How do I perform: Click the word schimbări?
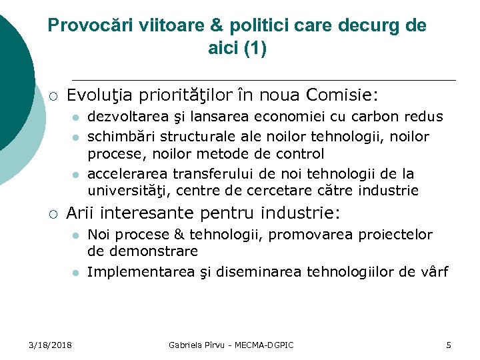click(119, 136)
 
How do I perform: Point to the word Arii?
click(80, 213)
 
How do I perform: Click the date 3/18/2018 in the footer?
click(51, 345)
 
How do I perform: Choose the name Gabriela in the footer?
click(187, 345)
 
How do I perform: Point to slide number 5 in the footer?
click(449, 345)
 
